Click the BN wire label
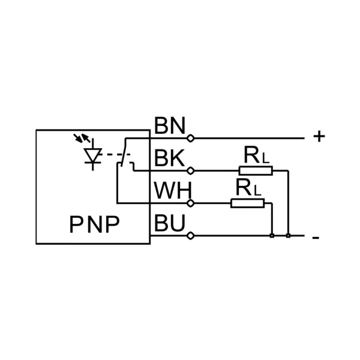pos(170,127)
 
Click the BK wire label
pos(170,159)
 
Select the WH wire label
pos(172,191)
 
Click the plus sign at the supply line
pos(319,137)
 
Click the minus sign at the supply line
pos(316,238)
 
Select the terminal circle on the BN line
pos(191,138)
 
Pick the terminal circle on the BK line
pos(191,170)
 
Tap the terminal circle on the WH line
pos(191,203)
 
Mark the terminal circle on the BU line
pos(191,235)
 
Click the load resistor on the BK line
pos(256,170)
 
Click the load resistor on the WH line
pos(248,203)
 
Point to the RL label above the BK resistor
pos(256,155)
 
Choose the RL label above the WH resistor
pos(247,188)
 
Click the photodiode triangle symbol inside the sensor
pos(92,155)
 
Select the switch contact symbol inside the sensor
pos(124,154)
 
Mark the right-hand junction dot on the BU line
pos(289,235)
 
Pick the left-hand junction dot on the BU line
pos(272,235)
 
